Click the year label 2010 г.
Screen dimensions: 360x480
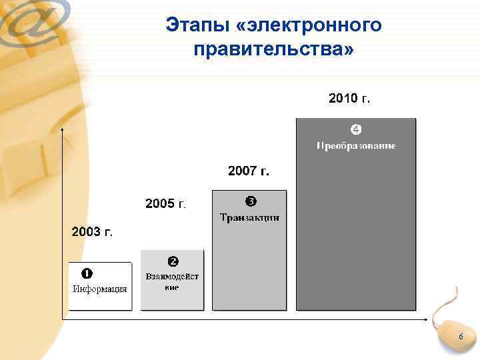coord(349,99)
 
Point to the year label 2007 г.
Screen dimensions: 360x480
coord(249,171)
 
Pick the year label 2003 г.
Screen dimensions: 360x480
coord(91,232)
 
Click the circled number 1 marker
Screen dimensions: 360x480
coord(87,273)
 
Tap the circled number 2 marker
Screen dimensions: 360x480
coord(172,260)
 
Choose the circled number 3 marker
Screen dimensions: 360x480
coord(250,201)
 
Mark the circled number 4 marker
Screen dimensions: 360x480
coord(356,128)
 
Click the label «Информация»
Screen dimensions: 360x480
coord(99,289)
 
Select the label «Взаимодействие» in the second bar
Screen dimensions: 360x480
coord(172,281)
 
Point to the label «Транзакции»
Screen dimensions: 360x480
coord(249,217)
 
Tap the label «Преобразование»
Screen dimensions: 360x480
coord(356,145)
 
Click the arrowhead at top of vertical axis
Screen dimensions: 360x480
coord(62,129)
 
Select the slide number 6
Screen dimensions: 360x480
coord(460,339)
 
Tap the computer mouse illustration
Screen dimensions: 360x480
coord(453,330)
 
